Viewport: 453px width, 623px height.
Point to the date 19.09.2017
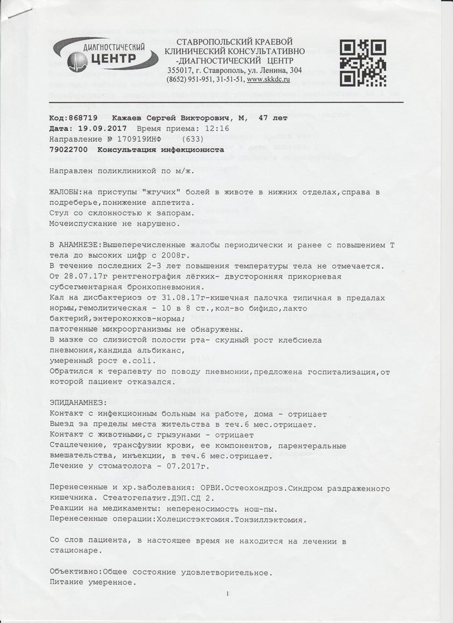102,129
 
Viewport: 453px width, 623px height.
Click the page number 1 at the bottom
228,593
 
